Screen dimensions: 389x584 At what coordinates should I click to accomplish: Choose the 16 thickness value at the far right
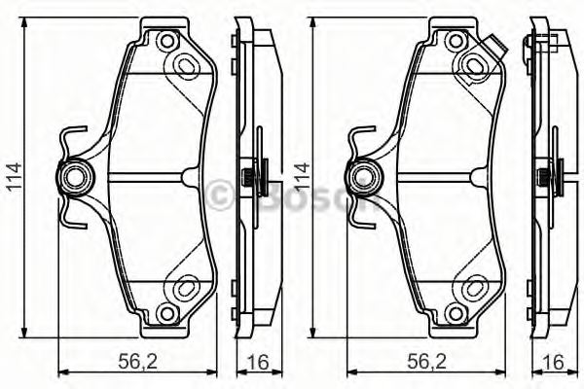553,360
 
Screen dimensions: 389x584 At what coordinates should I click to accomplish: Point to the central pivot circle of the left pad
75,177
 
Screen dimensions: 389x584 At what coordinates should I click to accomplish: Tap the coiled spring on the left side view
250,177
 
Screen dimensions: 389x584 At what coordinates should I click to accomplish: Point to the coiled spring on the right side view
543,177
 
